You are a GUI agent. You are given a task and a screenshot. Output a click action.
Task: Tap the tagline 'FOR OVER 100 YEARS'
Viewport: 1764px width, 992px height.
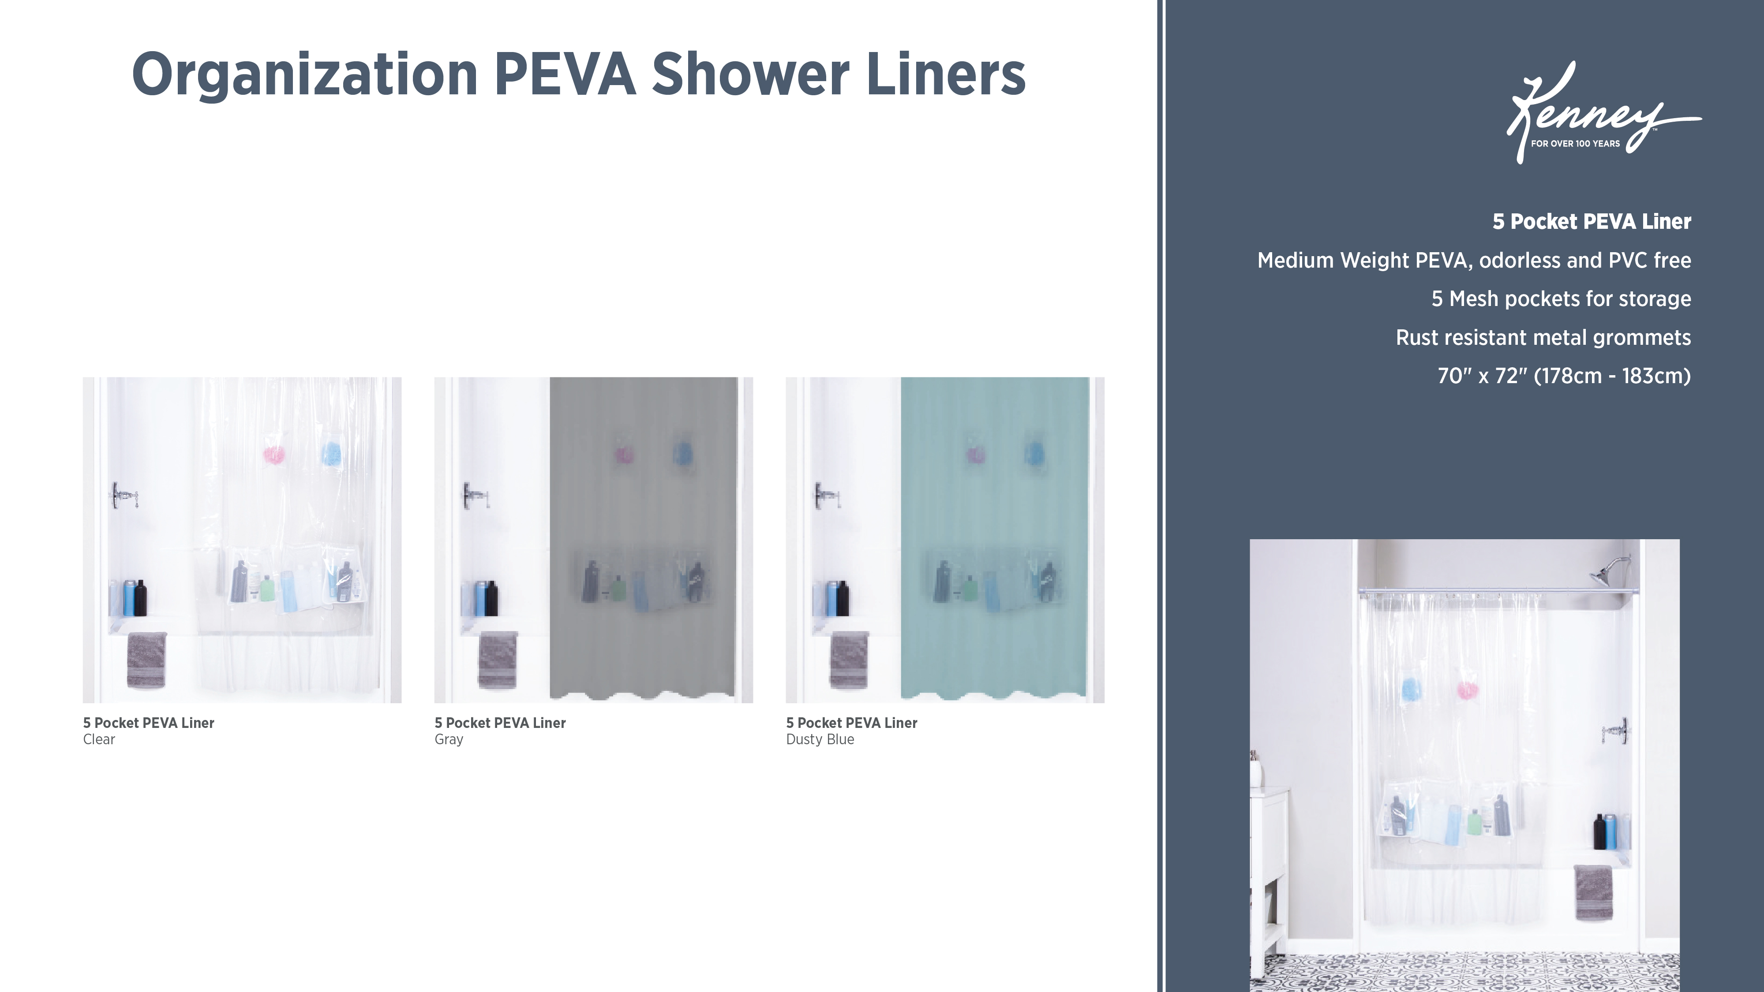click(x=1576, y=144)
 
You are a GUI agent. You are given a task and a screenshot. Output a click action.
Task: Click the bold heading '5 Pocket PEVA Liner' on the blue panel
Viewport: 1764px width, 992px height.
click(x=1592, y=222)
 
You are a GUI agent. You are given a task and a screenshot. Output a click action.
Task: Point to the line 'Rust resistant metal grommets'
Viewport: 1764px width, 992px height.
click(x=1543, y=338)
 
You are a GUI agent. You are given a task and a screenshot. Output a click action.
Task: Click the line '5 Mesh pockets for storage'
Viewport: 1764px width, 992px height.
click(x=1561, y=299)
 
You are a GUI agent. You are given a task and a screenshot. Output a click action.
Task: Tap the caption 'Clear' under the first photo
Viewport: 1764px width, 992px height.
click(x=99, y=739)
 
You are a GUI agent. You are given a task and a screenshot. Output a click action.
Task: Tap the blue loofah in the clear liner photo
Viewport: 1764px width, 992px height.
click(x=331, y=452)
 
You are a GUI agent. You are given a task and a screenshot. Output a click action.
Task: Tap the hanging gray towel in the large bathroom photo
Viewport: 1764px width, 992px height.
click(x=1593, y=893)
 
